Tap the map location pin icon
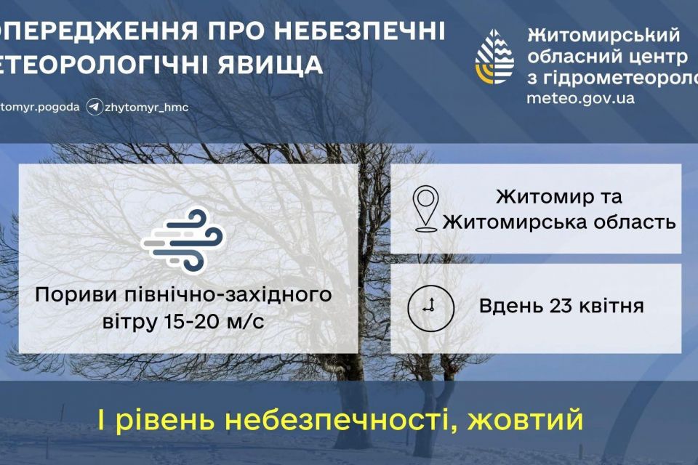(x=426, y=209)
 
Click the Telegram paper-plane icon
(x=95, y=108)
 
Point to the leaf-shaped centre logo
(x=494, y=57)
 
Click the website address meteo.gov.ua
(x=580, y=98)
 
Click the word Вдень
(x=507, y=306)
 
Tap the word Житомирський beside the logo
(x=603, y=35)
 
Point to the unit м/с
(x=244, y=322)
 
